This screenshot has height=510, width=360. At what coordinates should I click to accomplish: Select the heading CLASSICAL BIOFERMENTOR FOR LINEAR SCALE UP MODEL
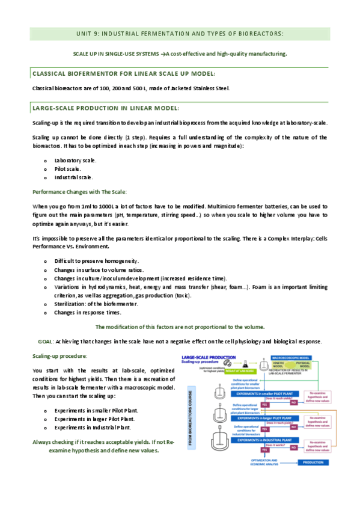click(x=123, y=73)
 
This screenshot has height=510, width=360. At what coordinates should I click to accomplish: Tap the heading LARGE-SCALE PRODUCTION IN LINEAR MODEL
click(x=105, y=108)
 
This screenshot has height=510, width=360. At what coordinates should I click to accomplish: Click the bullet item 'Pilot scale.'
click(x=67, y=169)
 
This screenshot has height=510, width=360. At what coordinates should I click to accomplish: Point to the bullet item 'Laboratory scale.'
click(x=75, y=161)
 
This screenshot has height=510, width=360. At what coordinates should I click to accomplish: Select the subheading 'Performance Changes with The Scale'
click(x=79, y=191)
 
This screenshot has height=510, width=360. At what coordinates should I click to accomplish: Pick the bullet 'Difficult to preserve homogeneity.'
click(x=96, y=261)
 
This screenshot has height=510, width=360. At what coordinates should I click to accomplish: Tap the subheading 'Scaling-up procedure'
click(x=59, y=356)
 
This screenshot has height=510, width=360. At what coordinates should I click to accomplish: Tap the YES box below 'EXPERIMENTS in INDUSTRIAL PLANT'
click(x=264, y=449)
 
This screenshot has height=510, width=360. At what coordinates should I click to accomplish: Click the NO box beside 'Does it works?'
click(x=294, y=447)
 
